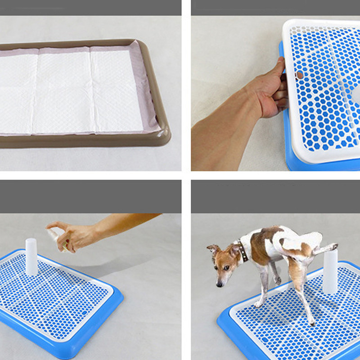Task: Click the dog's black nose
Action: click(219, 284)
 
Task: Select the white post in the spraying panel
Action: click(31, 256)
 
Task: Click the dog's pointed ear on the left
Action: click(212, 248)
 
